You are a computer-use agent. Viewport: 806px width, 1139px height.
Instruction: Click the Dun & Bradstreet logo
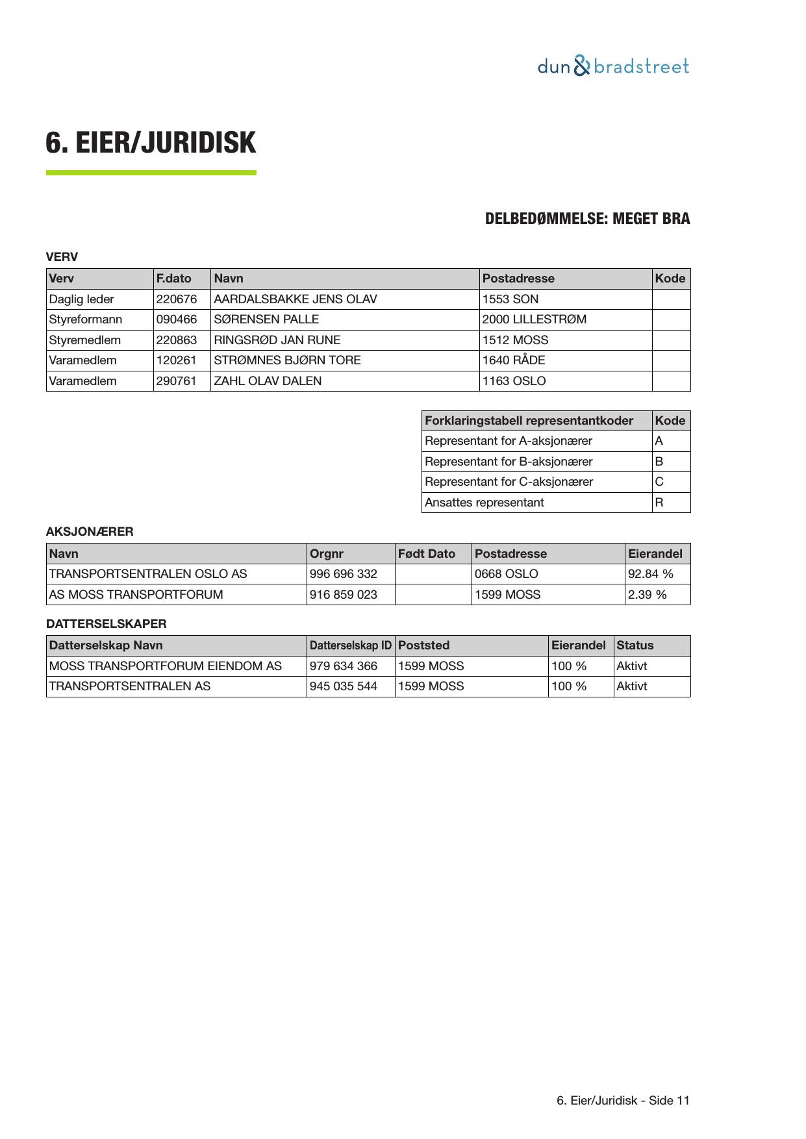(x=612, y=66)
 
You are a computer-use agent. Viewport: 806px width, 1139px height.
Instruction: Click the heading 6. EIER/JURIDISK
(x=151, y=143)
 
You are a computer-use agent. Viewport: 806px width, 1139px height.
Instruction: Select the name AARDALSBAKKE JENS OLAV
(x=295, y=299)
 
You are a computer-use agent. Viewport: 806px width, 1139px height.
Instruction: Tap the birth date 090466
(x=176, y=319)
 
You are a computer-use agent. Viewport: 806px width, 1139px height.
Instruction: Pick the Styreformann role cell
(x=86, y=319)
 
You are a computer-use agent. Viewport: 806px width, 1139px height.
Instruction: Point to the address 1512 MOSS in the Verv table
(x=515, y=340)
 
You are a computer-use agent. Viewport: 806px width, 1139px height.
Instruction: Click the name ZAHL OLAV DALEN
(x=268, y=381)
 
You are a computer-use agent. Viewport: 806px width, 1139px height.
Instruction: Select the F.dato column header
(x=174, y=279)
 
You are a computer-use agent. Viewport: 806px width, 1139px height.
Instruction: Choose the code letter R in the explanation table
(x=659, y=503)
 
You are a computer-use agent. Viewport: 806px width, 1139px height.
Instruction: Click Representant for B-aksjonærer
(x=509, y=462)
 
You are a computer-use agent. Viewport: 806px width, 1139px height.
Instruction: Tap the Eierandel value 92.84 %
(x=650, y=574)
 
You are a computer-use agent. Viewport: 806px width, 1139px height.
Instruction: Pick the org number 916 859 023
(x=344, y=595)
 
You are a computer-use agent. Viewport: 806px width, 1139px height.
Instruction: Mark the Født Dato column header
(x=427, y=554)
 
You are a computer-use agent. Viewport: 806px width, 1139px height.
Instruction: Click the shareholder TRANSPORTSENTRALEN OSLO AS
(x=148, y=574)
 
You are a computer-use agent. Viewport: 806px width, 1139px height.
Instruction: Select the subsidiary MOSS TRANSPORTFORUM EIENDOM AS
(x=166, y=666)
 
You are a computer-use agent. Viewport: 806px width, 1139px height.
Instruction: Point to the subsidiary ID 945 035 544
(x=344, y=686)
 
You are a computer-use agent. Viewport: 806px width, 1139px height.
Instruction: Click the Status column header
(x=635, y=645)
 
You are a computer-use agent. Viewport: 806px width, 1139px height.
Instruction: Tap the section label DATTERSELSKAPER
(x=106, y=624)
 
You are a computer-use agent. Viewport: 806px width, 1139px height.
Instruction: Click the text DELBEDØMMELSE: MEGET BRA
(x=587, y=219)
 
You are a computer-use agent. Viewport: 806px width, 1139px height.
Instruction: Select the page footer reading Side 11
(x=623, y=1101)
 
